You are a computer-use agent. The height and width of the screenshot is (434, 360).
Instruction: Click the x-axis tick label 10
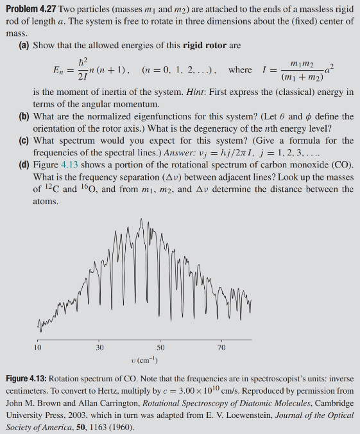click(x=38, y=347)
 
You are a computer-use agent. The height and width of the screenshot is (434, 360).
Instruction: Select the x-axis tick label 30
click(x=99, y=347)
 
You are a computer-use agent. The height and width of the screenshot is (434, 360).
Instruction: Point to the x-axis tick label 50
click(x=160, y=347)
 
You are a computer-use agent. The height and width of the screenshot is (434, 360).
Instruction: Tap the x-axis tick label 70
click(x=221, y=347)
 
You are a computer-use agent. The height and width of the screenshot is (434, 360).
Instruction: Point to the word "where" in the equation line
click(x=241, y=69)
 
